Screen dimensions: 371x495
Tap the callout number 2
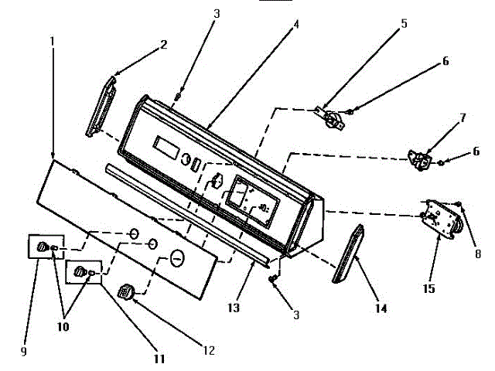point(163,46)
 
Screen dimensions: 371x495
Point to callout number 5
point(404,24)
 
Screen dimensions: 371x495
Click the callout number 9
point(23,352)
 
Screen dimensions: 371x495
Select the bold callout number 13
point(234,308)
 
